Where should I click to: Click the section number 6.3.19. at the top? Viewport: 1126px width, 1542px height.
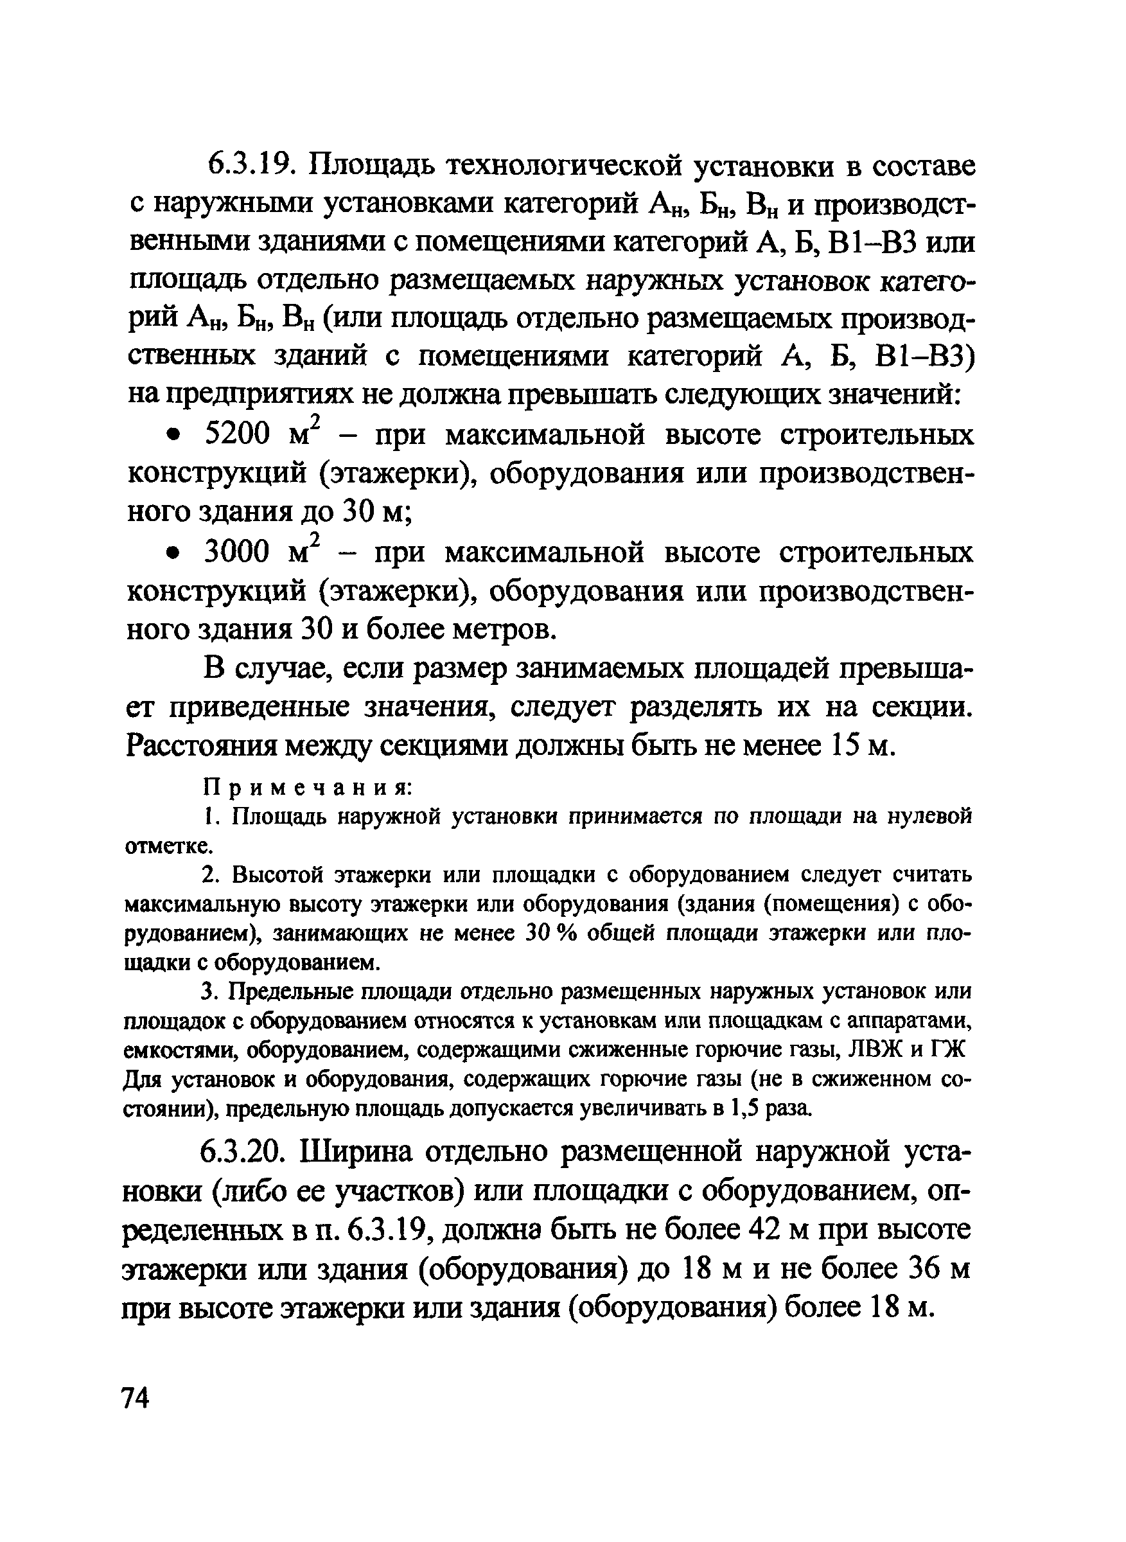click(x=249, y=166)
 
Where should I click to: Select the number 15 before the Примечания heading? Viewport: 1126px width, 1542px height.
click(x=847, y=747)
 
